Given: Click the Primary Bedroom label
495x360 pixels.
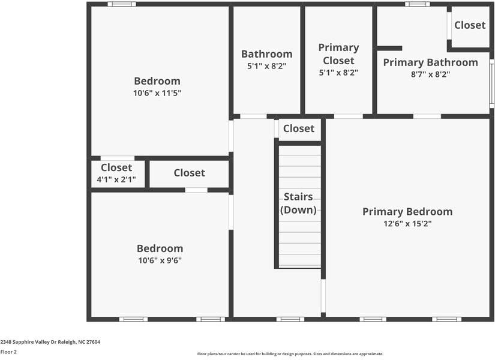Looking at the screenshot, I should pyautogui.click(x=407, y=212).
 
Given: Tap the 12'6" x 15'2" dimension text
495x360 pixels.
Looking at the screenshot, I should pyautogui.click(x=407, y=224).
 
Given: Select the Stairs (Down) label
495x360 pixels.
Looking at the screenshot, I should pyautogui.click(x=299, y=203).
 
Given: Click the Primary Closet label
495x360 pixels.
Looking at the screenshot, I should pyautogui.click(x=338, y=54).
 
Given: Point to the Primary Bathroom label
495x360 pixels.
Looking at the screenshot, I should pyautogui.click(x=430, y=62).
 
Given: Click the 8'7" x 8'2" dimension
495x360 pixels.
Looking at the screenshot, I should pyautogui.click(x=430, y=74).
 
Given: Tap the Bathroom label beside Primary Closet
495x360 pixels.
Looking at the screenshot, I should pyautogui.click(x=266, y=54).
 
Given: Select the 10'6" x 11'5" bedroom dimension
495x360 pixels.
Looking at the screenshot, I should pyautogui.click(x=157, y=93).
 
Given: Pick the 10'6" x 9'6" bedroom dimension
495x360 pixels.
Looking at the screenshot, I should pyautogui.click(x=160, y=260).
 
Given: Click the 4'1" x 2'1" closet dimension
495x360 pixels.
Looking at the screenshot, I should pyautogui.click(x=116, y=179).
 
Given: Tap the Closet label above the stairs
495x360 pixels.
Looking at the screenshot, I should pyautogui.click(x=298, y=128).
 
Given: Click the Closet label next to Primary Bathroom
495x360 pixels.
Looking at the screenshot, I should pyautogui.click(x=470, y=25).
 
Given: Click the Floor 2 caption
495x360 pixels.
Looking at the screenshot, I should pyautogui.click(x=8, y=352).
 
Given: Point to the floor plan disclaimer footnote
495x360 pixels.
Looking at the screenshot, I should pyautogui.click(x=290, y=354).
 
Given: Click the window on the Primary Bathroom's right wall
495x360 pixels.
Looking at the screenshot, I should pyautogui.click(x=491, y=83).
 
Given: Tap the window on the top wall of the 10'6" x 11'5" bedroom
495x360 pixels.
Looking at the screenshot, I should pyautogui.click(x=122, y=4).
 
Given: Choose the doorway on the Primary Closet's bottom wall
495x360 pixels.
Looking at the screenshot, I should pyautogui.click(x=348, y=116).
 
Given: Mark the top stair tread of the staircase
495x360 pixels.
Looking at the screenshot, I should pyautogui.click(x=299, y=151).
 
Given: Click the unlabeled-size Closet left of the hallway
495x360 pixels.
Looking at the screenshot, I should pyautogui.click(x=189, y=173).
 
